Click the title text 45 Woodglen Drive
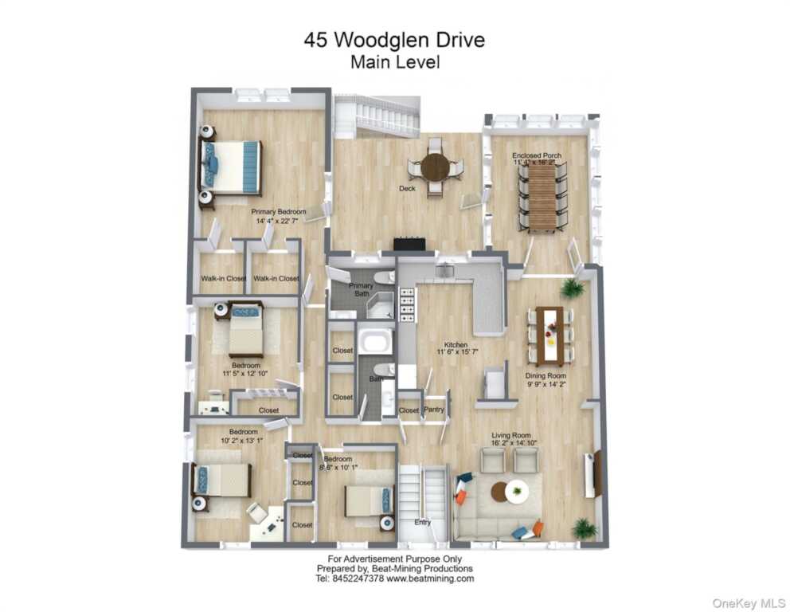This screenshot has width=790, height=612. click(x=394, y=40)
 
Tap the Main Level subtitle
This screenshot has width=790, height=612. click(x=394, y=61)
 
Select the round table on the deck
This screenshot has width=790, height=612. click(x=435, y=167)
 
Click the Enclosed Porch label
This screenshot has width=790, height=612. click(x=537, y=155)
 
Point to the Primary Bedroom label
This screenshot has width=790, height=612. click(x=279, y=212)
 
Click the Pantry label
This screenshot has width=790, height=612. click(x=434, y=410)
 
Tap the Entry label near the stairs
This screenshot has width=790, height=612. click(x=422, y=523)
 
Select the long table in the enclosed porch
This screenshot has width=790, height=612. click(x=543, y=197)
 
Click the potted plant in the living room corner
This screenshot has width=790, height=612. click(x=585, y=528)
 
